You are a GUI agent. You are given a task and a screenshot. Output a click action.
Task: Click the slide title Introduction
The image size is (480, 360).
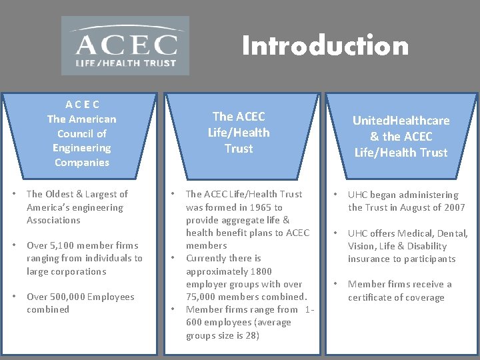point(325,46)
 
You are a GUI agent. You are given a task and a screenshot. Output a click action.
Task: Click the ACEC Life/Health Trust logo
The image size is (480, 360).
point(125,46)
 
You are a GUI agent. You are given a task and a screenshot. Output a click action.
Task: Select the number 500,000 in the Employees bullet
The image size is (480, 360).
point(70,297)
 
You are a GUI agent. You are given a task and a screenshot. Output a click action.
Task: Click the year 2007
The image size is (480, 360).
point(453,207)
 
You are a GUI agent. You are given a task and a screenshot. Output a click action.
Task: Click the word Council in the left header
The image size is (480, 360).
point(82,133)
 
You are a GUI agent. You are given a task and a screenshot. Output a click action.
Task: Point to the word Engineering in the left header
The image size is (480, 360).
point(82,148)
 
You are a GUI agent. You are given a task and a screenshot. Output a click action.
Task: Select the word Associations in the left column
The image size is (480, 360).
point(53,220)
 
